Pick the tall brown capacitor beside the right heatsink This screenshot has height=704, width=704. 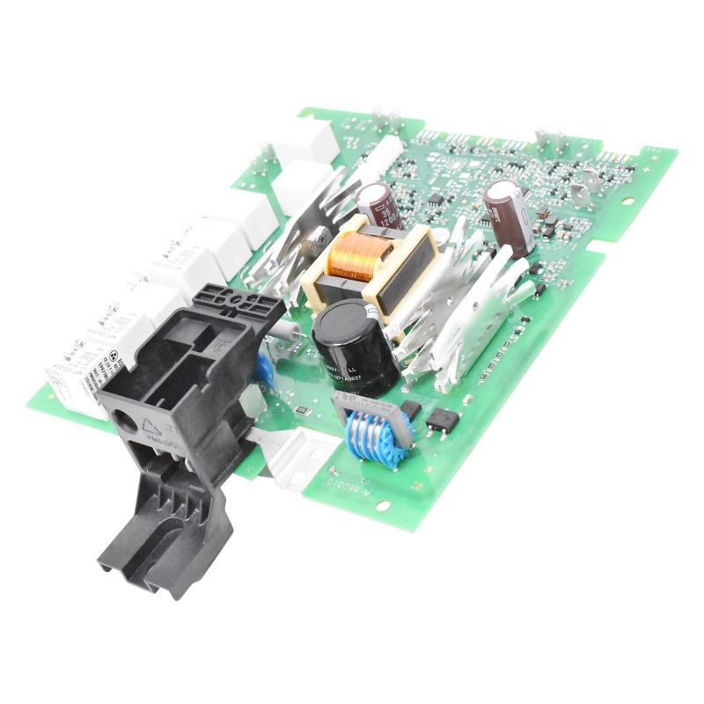coord(509,218)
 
